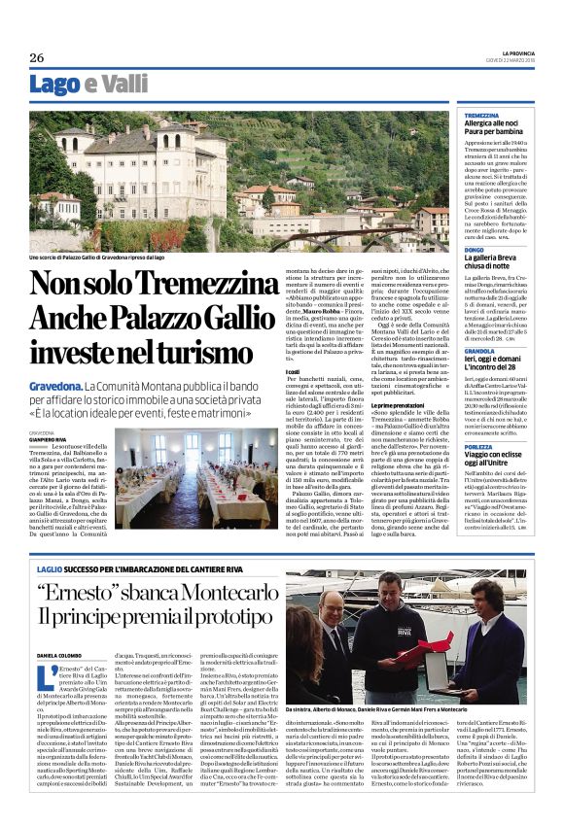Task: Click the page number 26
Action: click(x=37, y=58)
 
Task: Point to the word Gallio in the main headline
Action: click(x=246, y=318)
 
